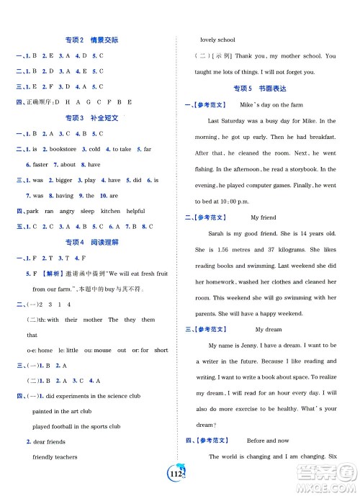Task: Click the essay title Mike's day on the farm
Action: [x=269, y=105]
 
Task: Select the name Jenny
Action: [x=251, y=346]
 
